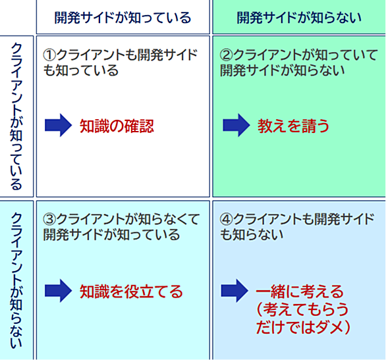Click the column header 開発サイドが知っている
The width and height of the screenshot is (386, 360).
click(x=123, y=18)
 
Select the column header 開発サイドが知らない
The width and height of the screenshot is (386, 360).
click(x=299, y=18)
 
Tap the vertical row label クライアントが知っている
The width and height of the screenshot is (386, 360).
click(x=16, y=116)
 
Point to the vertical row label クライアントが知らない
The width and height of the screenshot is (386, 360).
click(x=16, y=280)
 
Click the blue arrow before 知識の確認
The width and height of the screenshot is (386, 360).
click(x=58, y=125)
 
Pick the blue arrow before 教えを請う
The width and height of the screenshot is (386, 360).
click(x=236, y=125)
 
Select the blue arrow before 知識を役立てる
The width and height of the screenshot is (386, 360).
click(x=58, y=291)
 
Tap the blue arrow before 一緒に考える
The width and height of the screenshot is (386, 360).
click(x=234, y=291)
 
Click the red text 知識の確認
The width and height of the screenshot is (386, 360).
click(x=117, y=126)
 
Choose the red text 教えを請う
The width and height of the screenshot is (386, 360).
click(x=293, y=126)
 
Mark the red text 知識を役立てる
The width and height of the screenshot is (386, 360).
click(x=131, y=292)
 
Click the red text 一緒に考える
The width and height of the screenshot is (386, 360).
click(x=300, y=292)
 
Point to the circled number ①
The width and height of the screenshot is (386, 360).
click(x=49, y=55)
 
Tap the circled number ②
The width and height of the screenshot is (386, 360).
click(x=226, y=55)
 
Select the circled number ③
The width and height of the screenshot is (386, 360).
click(x=49, y=219)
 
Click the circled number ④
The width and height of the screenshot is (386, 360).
click(x=226, y=219)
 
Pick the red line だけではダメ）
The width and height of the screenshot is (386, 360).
click(x=303, y=327)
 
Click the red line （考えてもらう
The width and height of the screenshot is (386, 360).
click(x=302, y=309)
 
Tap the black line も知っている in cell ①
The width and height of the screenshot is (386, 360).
click(x=81, y=70)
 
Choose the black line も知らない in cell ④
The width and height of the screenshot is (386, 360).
click(x=252, y=234)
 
